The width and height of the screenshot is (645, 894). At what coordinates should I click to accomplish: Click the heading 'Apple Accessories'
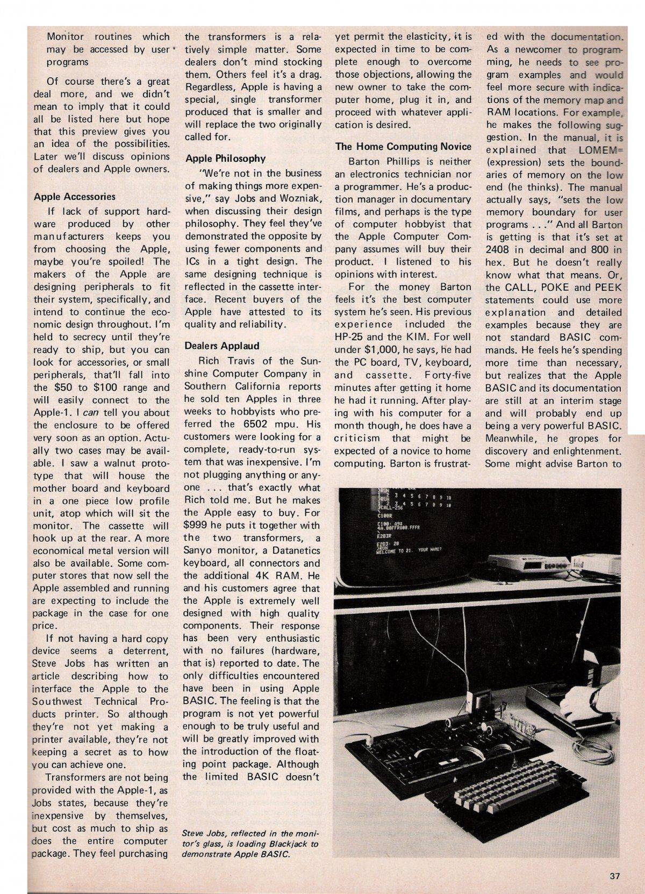pos(74,197)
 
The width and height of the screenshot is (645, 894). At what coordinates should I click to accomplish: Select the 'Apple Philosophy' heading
pos(225,159)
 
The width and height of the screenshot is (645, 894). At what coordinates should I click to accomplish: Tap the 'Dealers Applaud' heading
pos(222,346)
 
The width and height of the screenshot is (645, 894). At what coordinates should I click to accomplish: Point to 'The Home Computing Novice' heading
pos(403,146)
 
